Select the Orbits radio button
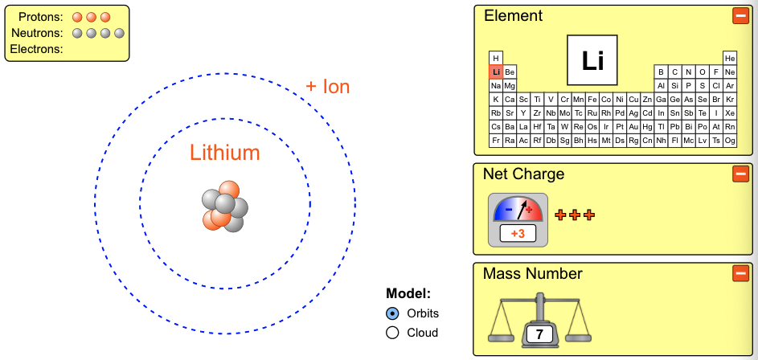click(392, 313)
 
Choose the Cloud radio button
click(392, 333)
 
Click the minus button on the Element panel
click(740, 16)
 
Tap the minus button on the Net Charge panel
click(740, 174)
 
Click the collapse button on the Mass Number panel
click(740, 273)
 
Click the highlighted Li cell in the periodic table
click(496, 72)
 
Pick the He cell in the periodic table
click(730, 58)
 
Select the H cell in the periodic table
click(496, 58)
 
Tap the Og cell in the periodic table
click(730, 141)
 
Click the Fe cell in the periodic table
click(592, 100)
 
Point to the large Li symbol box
click(592, 60)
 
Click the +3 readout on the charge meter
click(518, 234)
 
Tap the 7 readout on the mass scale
click(539, 334)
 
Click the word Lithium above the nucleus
click(225, 153)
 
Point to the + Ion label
click(328, 87)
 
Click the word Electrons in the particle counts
click(36, 49)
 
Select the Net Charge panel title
click(523, 174)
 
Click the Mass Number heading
click(532, 273)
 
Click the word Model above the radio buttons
click(408, 294)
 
